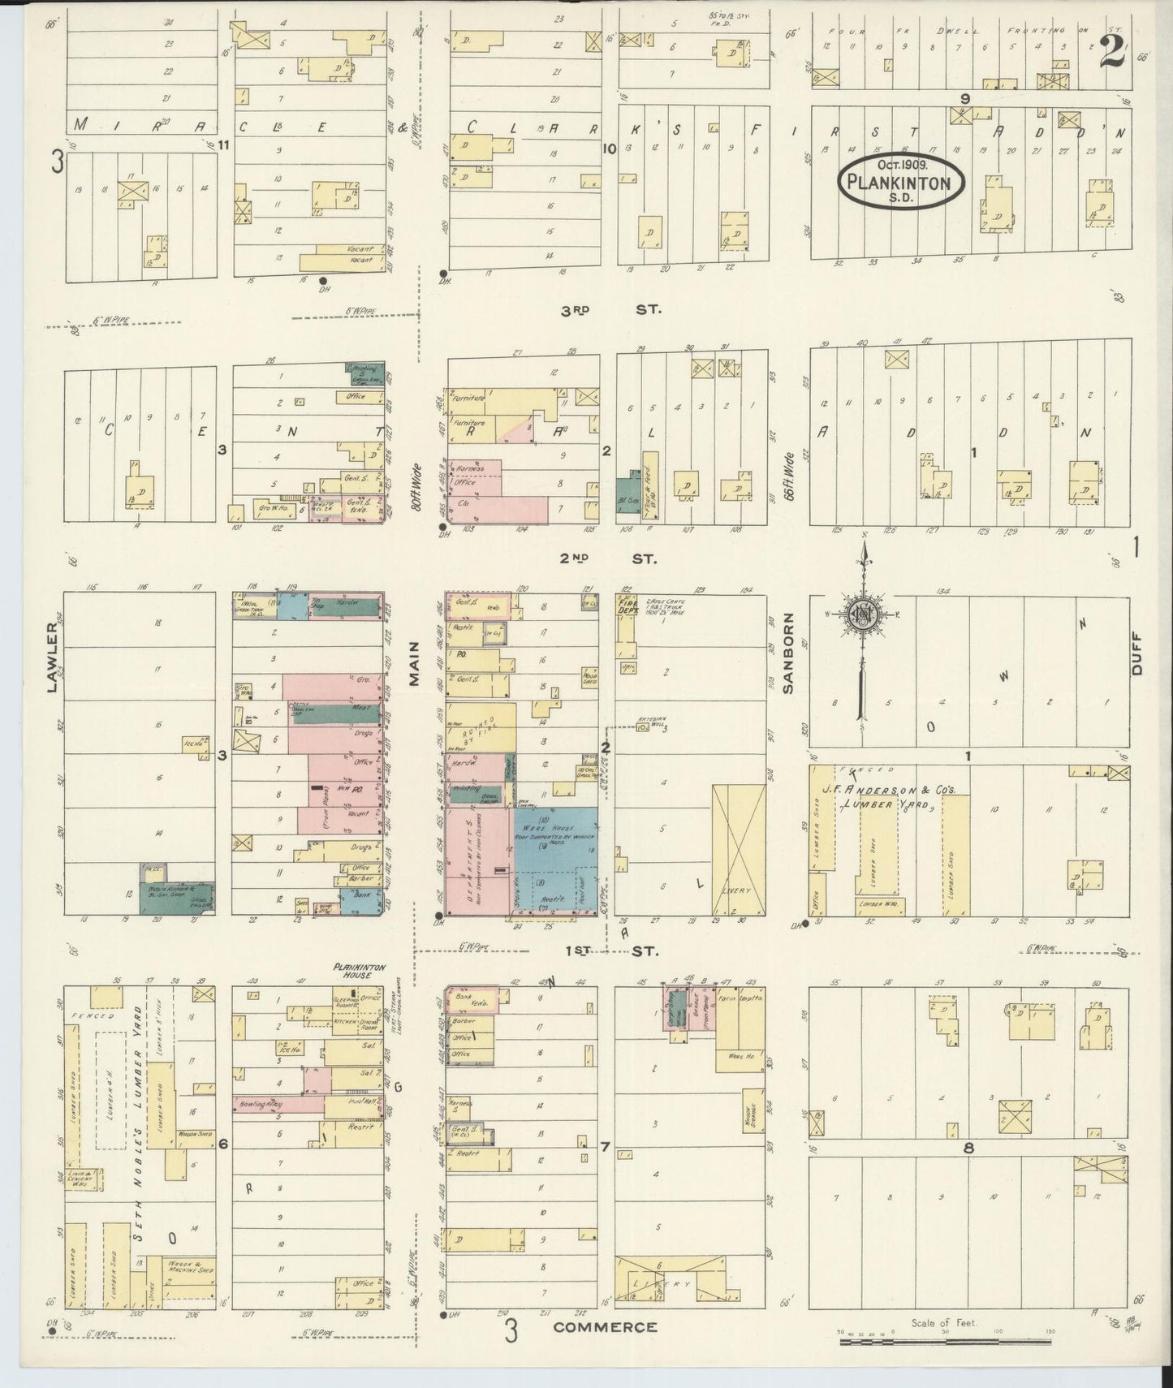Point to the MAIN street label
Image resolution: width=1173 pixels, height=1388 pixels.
pos(414,664)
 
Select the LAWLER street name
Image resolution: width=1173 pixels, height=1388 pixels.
pos(53,657)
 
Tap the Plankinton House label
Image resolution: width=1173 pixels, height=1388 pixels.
pos(358,971)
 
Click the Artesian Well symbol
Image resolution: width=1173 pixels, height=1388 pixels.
pos(641,726)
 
